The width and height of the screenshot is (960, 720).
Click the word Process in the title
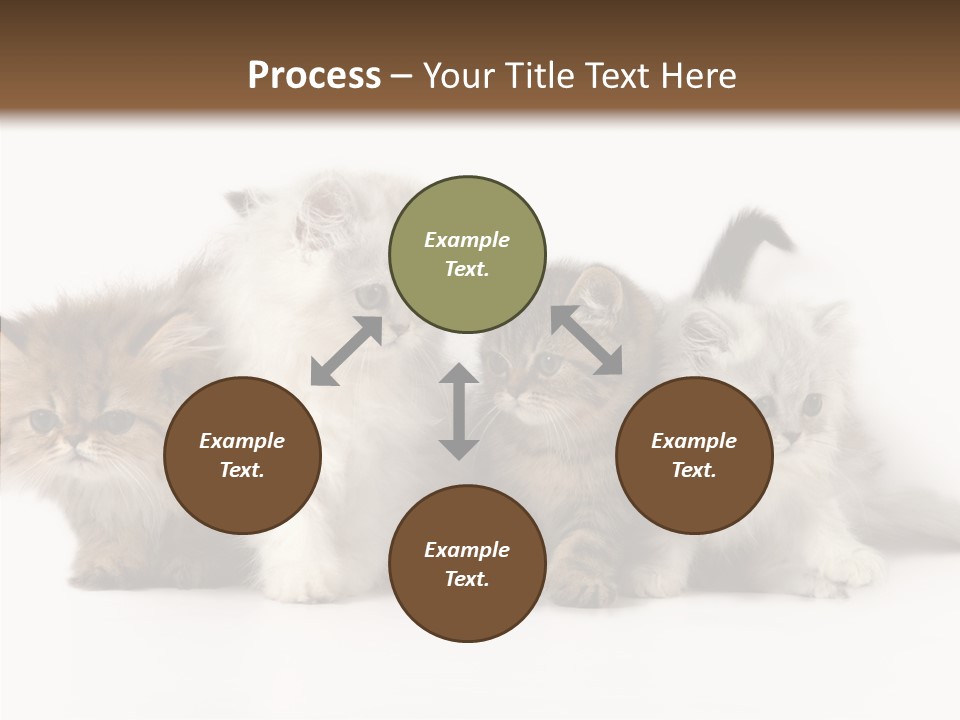pyautogui.click(x=314, y=75)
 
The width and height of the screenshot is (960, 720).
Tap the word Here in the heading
pyautogui.click(x=699, y=75)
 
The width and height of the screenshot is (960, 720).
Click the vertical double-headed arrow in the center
pyautogui.click(x=459, y=411)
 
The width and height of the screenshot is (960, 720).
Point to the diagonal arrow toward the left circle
pyautogui.click(x=346, y=350)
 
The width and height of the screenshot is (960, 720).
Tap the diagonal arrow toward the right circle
pyautogui.click(x=587, y=340)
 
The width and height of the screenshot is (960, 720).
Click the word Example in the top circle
pyautogui.click(x=467, y=240)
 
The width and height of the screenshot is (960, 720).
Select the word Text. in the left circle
pyautogui.click(x=242, y=470)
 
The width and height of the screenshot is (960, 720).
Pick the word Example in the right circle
pyautogui.click(x=694, y=441)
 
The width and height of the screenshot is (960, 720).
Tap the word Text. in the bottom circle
pyautogui.click(x=467, y=579)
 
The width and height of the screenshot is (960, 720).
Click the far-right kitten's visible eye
pyautogui.click(x=812, y=404)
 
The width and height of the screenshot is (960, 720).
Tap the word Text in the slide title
pyautogui.click(x=621, y=75)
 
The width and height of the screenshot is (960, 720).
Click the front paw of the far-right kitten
pyautogui.click(x=850, y=570)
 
